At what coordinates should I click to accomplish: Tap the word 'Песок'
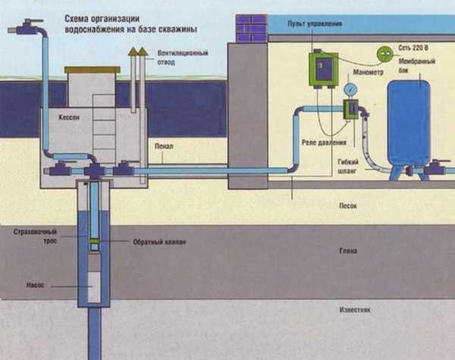point(347,205)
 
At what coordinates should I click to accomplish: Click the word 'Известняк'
point(352,311)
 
